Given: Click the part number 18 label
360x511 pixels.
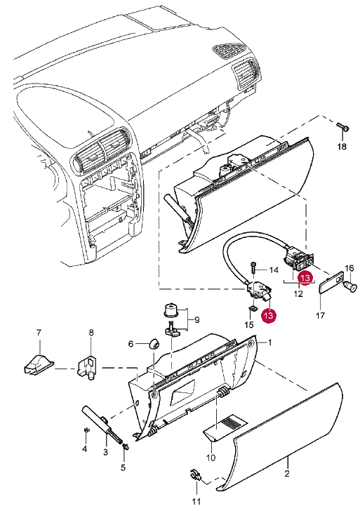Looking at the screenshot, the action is tap(342, 147).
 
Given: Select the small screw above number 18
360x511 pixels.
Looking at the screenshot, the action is tap(342, 126).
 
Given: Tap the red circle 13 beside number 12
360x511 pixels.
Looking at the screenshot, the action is tap(305, 278).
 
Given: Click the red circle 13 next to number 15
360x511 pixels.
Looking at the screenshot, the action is tap(269, 315).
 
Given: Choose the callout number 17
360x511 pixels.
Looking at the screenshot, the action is tap(320, 315).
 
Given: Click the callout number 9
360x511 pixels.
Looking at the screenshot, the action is tap(196, 320).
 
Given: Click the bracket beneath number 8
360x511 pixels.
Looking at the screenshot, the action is tap(87, 367).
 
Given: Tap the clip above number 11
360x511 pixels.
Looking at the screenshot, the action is tap(196, 475).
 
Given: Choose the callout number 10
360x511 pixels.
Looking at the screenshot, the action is tap(211, 457).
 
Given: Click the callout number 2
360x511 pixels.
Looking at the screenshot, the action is tap(287, 473).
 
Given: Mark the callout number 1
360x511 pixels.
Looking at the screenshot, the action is tap(269, 343).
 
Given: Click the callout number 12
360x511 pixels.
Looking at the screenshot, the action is tap(298, 293).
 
